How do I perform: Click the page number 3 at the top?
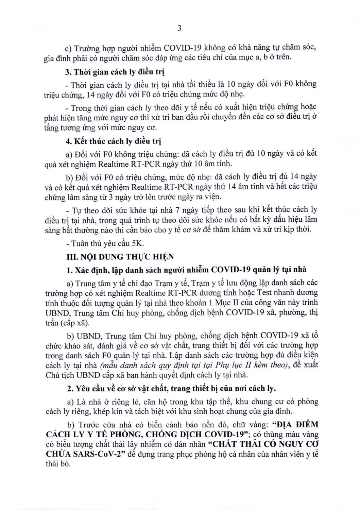point(179,29)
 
